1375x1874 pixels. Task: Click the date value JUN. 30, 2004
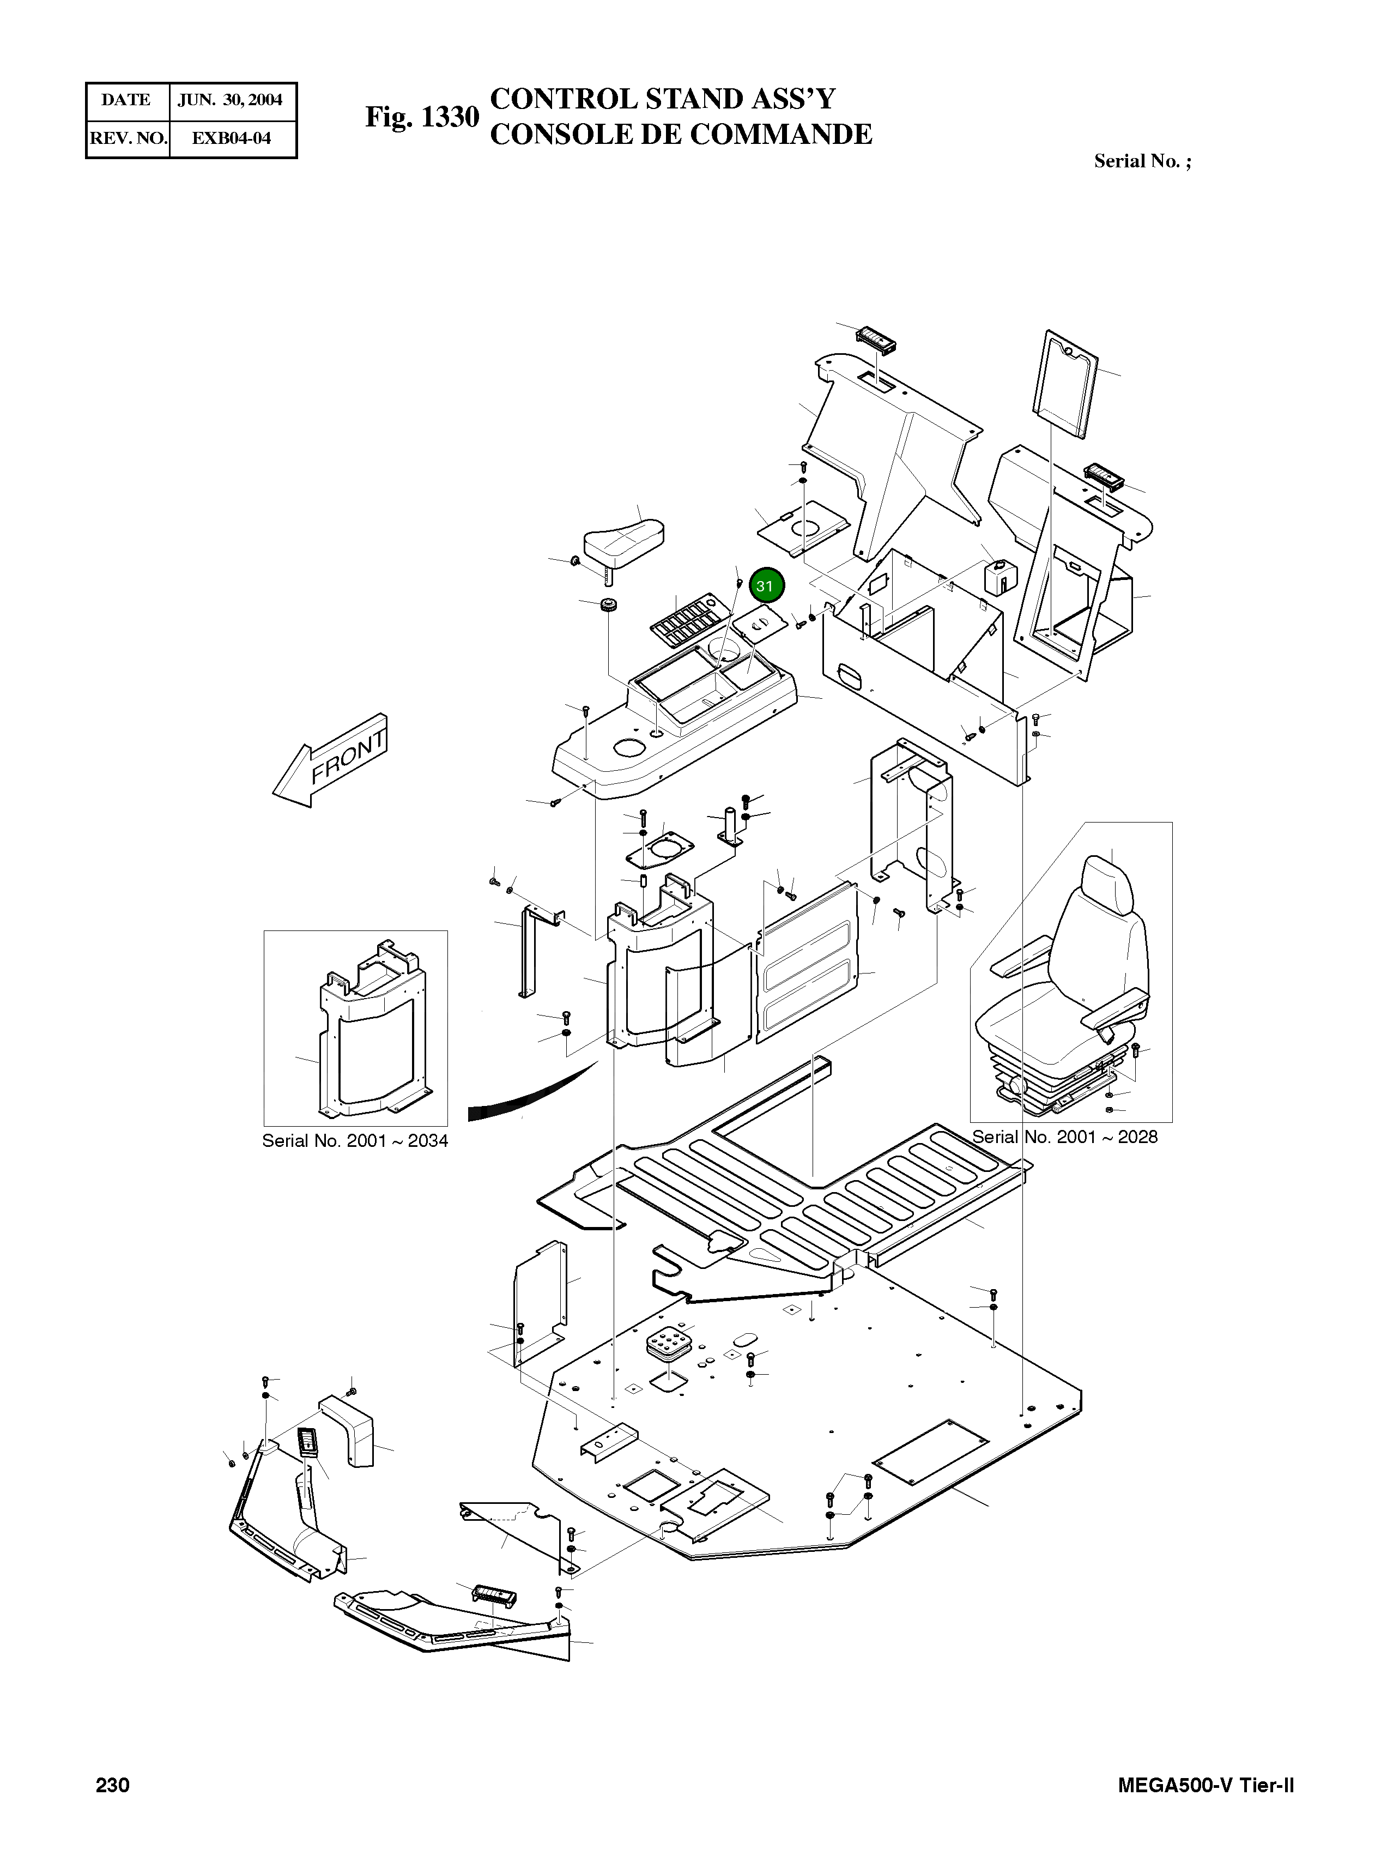pos(231,100)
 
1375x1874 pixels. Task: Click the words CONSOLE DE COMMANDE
pos(680,134)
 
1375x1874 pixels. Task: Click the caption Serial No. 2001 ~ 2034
pos(355,1140)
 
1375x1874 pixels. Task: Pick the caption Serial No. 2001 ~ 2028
pos(1064,1137)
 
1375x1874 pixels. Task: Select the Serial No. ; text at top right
pos(1142,161)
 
